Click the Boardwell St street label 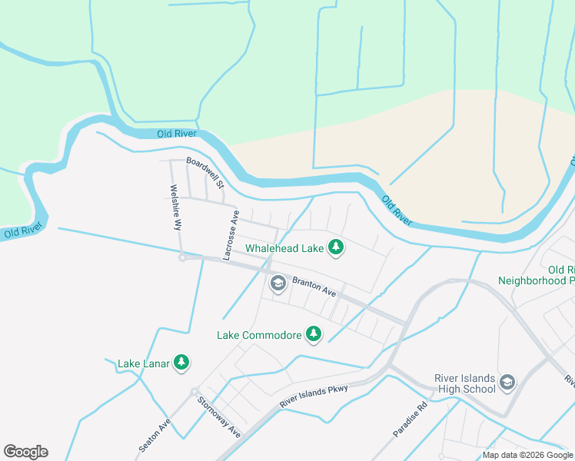[205, 173]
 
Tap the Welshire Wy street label [176, 207]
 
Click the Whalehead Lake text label [284, 248]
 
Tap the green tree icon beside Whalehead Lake [335, 247]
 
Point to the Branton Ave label [314, 287]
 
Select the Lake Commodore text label [258, 335]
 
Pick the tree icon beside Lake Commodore [313, 333]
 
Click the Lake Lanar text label [143, 363]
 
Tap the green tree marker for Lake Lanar [181, 361]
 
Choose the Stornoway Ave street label [218, 417]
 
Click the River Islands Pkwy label [314, 396]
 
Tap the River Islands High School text [464, 383]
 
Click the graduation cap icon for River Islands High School [507, 382]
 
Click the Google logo [25, 452]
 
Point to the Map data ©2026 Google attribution [528, 455]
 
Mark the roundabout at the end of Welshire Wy [182, 257]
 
